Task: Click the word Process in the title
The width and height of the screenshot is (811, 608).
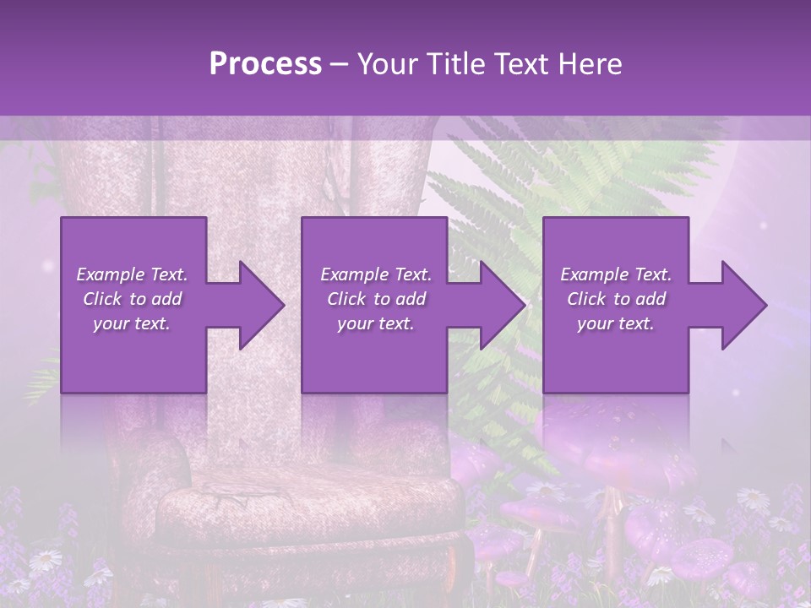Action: [265, 64]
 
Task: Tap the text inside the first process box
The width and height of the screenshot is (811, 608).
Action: [133, 299]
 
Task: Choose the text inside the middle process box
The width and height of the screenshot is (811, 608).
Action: [376, 299]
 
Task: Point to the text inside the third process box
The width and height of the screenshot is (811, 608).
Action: [616, 299]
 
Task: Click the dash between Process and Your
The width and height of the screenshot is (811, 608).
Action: [338, 64]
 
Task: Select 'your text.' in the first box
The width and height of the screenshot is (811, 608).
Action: [132, 323]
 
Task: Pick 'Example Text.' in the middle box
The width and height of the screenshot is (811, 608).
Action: [376, 274]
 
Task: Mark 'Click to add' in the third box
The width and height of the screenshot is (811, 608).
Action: [617, 299]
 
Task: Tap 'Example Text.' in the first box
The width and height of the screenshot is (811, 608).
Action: [132, 274]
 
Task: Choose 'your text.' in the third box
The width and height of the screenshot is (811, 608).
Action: [616, 323]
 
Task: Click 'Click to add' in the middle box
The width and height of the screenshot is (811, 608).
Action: [376, 299]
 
